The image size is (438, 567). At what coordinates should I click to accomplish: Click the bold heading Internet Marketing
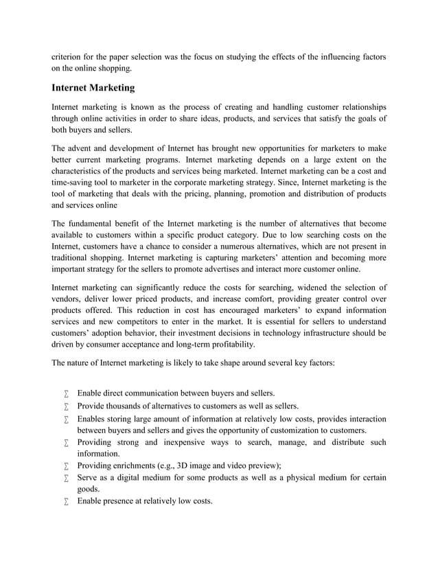point(93,88)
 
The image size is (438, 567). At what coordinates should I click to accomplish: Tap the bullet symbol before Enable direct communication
point(67,394)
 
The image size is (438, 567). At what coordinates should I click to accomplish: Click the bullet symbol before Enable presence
point(67,502)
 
